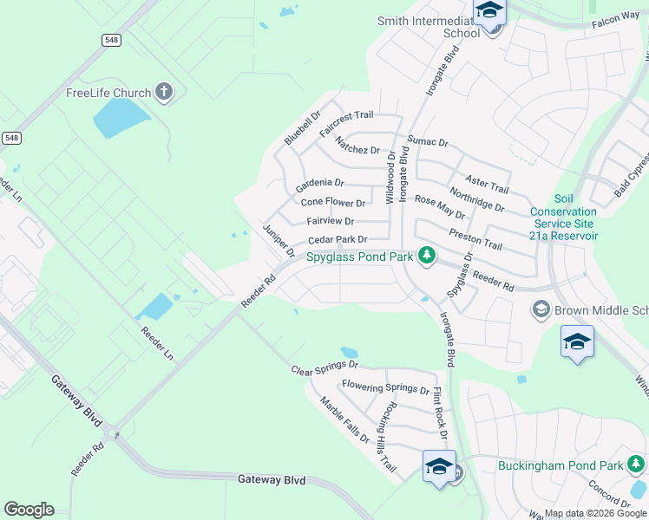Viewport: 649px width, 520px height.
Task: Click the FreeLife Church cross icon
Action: tap(164, 93)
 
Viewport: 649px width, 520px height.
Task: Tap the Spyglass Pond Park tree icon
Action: tap(426, 256)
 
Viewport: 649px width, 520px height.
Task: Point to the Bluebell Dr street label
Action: tap(302, 127)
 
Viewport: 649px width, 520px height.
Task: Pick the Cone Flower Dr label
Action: tap(333, 203)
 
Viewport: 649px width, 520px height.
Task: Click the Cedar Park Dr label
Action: tap(338, 239)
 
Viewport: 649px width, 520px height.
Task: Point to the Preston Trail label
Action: tap(475, 239)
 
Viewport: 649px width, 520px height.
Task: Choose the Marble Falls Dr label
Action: tap(344, 419)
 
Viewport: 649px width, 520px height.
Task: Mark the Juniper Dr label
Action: tap(279, 241)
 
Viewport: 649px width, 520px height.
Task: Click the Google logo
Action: tap(29, 510)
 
